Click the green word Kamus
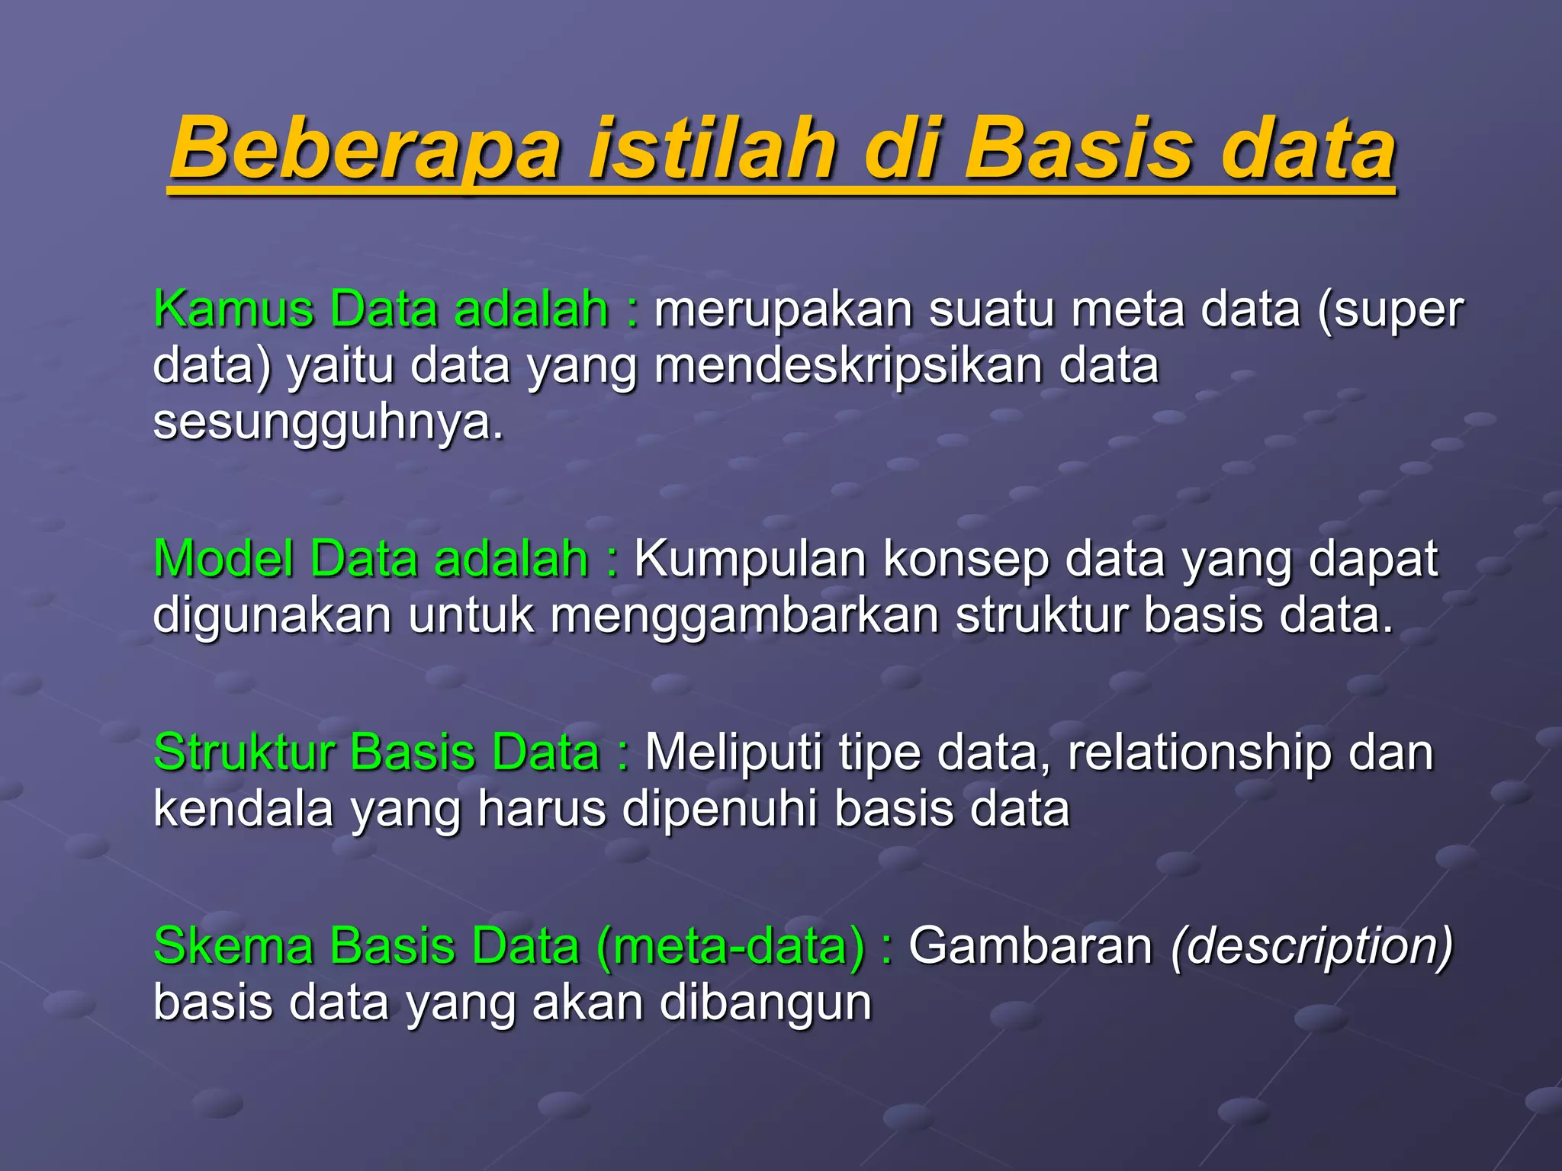click(233, 310)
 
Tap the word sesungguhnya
click(328, 422)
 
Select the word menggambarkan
click(744, 615)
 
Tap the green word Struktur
click(244, 752)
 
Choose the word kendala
click(243, 808)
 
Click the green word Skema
click(233, 946)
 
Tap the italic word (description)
click(1312, 946)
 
